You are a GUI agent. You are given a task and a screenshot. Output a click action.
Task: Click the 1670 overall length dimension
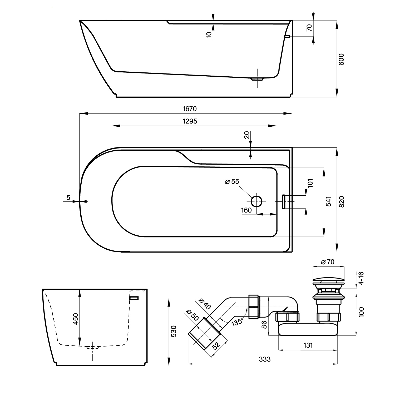[190, 108]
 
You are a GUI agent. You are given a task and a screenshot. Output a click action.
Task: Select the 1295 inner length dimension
[190, 121]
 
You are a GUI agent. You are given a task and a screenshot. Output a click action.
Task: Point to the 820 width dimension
[341, 202]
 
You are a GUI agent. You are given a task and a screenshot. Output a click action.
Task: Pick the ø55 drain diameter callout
[232, 181]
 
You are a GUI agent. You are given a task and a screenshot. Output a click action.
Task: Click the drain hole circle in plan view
[256, 201]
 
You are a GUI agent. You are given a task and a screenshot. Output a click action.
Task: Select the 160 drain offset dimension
[246, 210]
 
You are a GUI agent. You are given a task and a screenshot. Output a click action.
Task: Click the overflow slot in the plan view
[284, 202]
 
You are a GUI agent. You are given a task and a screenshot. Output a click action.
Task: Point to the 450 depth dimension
[76, 319]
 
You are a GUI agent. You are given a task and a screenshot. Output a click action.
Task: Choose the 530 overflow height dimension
[174, 331]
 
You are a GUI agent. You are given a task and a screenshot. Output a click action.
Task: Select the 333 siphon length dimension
[265, 359]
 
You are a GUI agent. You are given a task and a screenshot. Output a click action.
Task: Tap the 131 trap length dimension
[308, 345]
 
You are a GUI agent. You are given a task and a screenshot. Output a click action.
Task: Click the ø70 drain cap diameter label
[328, 262]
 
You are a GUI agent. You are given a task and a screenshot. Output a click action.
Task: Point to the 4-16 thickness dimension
[361, 278]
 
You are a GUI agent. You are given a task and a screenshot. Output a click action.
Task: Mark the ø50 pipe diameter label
[192, 314]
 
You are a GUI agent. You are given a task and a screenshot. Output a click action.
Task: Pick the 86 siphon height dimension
[265, 324]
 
